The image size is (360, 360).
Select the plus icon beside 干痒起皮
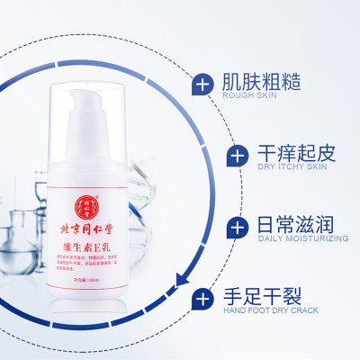237,156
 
